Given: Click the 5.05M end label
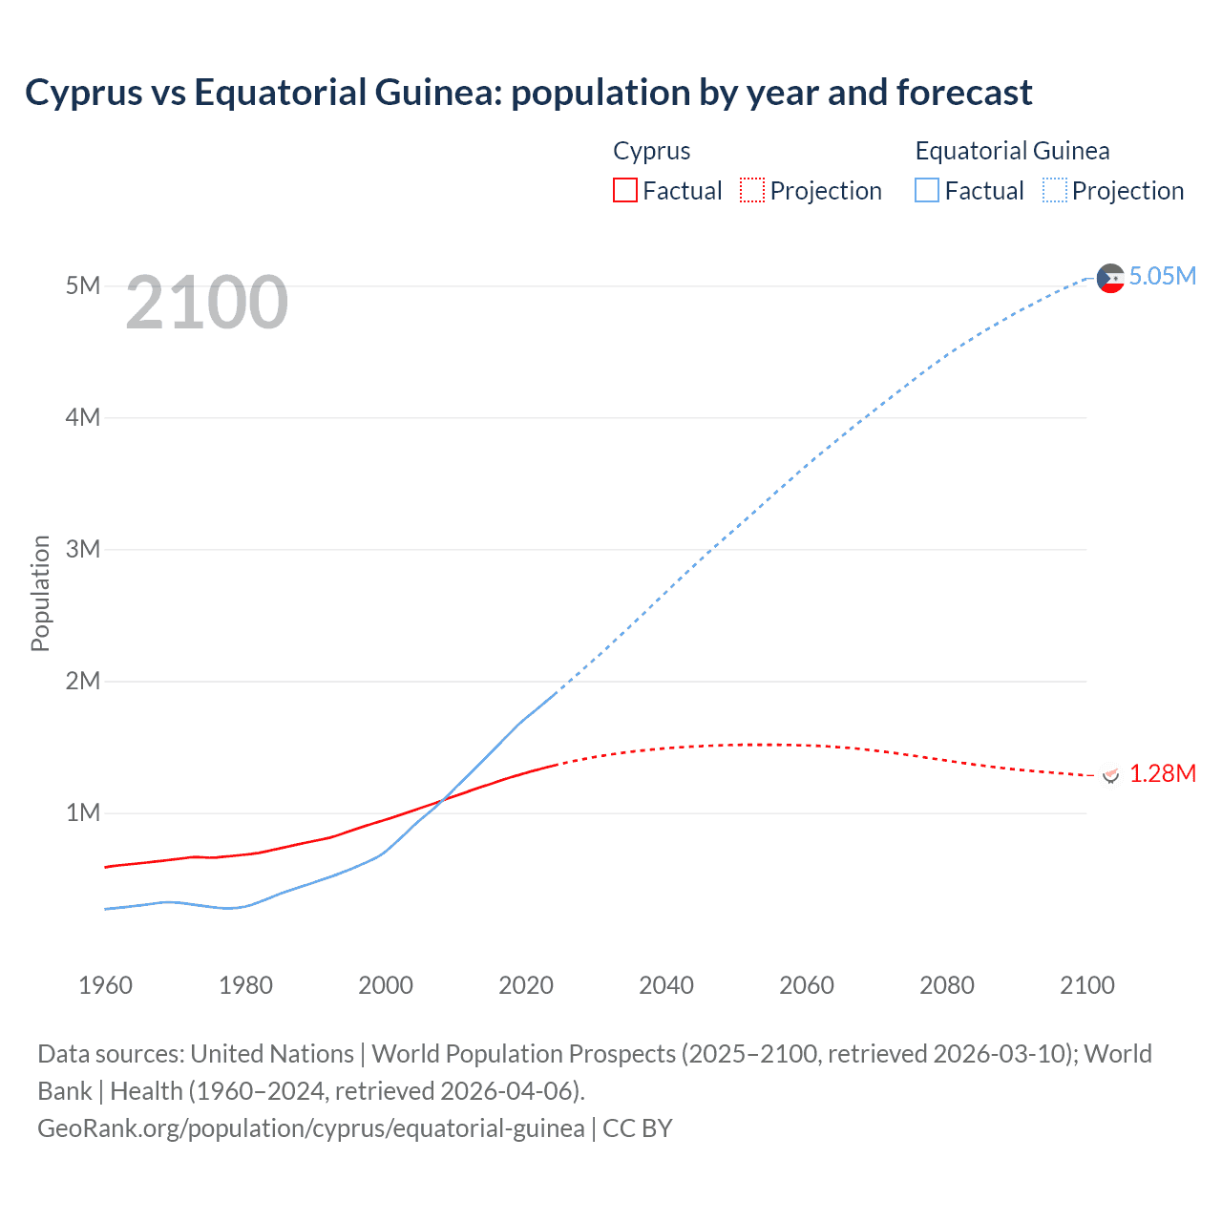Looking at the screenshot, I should pyautogui.click(x=1162, y=277).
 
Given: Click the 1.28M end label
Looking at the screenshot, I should pyautogui.click(x=1162, y=773).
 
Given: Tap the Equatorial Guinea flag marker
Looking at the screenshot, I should pyautogui.click(x=1110, y=278).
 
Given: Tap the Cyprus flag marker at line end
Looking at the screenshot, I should pyautogui.click(x=1110, y=774).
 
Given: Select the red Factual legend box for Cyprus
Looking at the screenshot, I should pyautogui.click(x=624, y=191).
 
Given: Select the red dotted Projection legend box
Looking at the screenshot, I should pyautogui.click(x=752, y=191).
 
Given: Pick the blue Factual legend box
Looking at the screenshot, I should pyautogui.click(x=926, y=191).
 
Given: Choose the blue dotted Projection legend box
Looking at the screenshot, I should pyautogui.click(x=1054, y=191).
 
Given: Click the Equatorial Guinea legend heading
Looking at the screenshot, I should pyautogui.click(x=1012, y=151).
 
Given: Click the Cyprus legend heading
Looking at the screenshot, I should pyautogui.click(x=651, y=151).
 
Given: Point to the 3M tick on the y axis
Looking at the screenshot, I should pyautogui.click(x=83, y=549).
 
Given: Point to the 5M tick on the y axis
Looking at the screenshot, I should pyautogui.click(x=83, y=285).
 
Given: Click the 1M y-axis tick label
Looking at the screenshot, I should pyautogui.click(x=83, y=812).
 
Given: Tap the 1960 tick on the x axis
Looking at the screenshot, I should pyautogui.click(x=105, y=985).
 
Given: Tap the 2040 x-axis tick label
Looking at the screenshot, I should pyautogui.click(x=666, y=985).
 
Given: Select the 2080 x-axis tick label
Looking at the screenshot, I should pyautogui.click(x=947, y=985).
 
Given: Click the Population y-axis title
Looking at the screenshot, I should pyautogui.click(x=40, y=593).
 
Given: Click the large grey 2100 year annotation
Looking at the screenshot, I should pyautogui.click(x=206, y=303).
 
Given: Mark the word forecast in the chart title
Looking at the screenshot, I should pyautogui.click(x=964, y=93).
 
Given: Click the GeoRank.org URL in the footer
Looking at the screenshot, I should pyautogui.click(x=311, y=1128).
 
